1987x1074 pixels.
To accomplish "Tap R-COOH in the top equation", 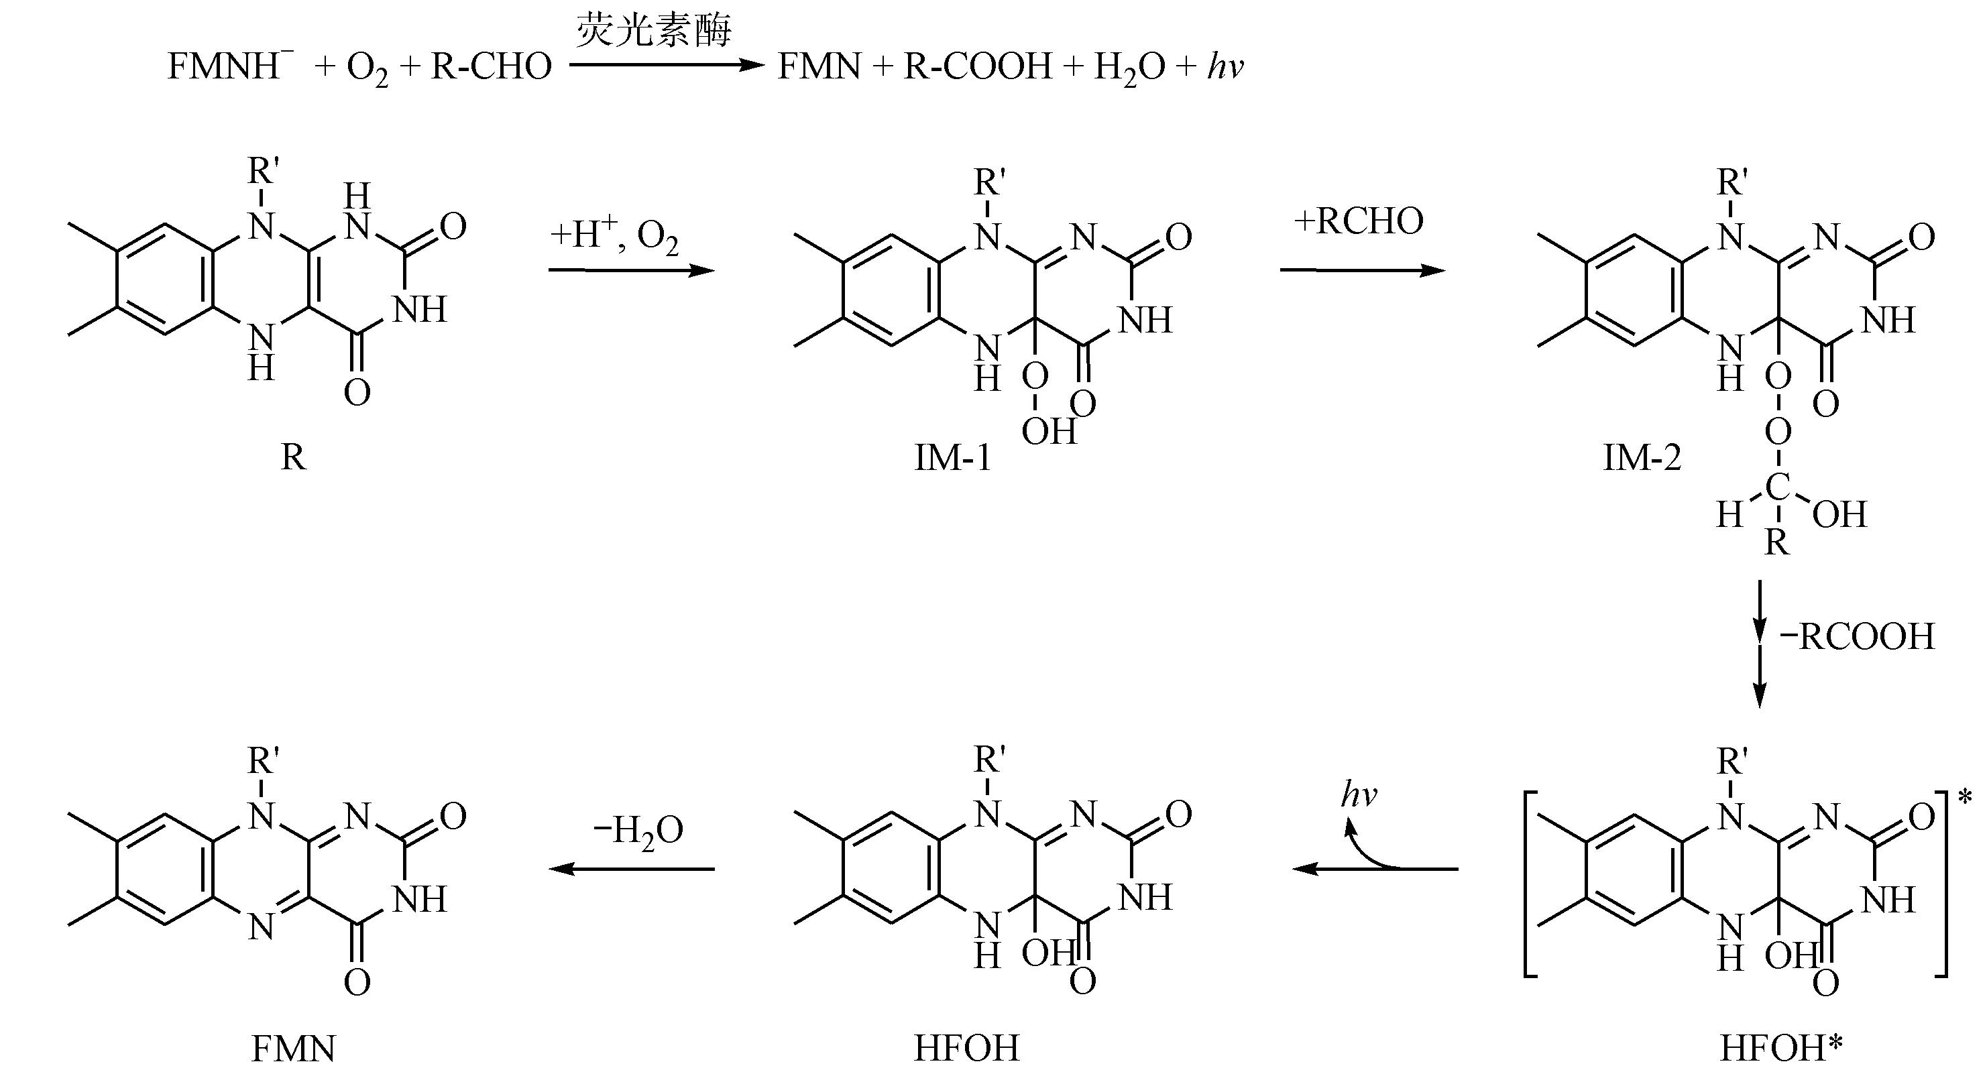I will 977,67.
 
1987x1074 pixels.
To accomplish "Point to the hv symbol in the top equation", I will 1226,67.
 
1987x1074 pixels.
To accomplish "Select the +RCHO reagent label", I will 1359,222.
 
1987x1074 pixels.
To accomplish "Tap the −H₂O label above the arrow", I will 638,831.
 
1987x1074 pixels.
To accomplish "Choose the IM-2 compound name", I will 1642,458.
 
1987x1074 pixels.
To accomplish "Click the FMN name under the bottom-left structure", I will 294,1049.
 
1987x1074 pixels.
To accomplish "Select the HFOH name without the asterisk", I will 966,1049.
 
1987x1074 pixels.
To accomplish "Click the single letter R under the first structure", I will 293,458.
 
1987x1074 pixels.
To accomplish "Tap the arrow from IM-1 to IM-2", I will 1362,271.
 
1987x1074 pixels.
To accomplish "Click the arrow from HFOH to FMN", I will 632,869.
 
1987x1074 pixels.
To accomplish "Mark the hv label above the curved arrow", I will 1359,795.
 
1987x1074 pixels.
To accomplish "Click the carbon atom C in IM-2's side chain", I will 1777,488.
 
